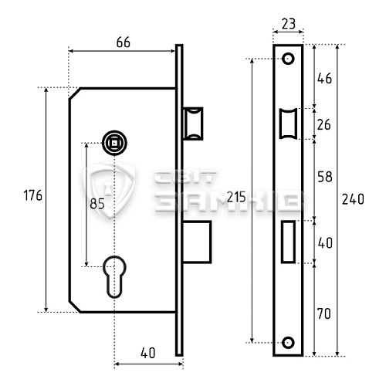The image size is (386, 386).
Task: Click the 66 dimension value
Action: [124, 42]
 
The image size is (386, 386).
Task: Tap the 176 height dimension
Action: [32, 195]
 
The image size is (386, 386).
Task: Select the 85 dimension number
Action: [97, 204]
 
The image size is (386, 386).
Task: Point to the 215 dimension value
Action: [236, 198]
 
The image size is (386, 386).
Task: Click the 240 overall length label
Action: [353, 199]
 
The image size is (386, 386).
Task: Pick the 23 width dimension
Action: [289, 24]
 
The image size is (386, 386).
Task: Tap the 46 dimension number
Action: [324, 79]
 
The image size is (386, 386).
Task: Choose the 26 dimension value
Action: [323, 125]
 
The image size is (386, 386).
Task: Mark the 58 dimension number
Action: [325, 177]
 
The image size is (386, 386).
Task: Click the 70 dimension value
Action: [324, 314]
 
